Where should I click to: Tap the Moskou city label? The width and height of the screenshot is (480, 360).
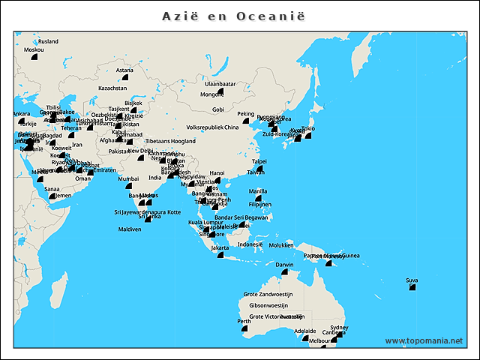[x=34, y=49]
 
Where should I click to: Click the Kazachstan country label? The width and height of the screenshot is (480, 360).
[x=113, y=88]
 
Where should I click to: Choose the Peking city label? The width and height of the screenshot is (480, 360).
[x=246, y=114]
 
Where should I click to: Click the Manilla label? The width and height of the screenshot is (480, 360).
[x=257, y=191]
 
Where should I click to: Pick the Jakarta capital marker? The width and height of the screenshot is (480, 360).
[x=220, y=255]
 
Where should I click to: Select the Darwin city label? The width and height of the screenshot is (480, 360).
[x=285, y=265]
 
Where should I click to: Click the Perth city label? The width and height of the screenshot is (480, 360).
[x=244, y=321]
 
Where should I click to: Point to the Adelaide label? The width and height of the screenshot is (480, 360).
[x=305, y=331]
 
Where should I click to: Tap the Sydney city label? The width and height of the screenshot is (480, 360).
[x=339, y=328]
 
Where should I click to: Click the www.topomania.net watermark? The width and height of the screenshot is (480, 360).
[x=424, y=341]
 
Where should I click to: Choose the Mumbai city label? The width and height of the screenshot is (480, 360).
[x=129, y=178]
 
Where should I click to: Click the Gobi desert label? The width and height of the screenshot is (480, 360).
[x=218, y=109]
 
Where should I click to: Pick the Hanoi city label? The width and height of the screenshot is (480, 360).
[x=217, y=172]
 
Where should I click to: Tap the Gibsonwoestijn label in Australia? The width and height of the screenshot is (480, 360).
[x=268, y=305]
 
